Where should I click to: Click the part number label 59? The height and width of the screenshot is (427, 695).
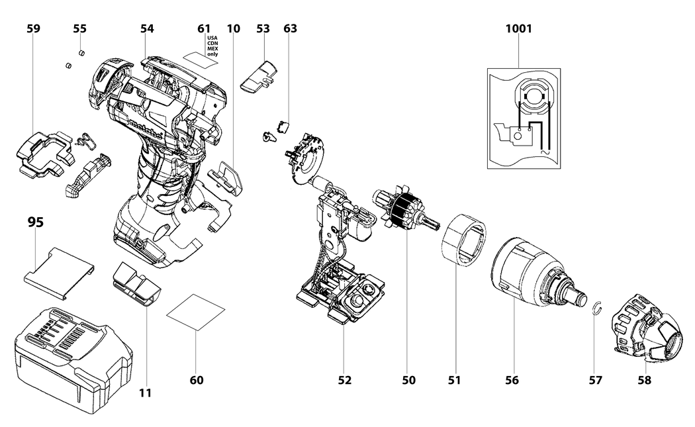point(34,29)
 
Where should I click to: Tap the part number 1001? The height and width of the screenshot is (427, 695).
point(518,29)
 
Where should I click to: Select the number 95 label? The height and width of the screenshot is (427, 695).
point(36,222)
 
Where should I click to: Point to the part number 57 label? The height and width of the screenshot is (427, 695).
point(596,380)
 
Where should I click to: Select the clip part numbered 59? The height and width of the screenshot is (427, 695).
point(46,154)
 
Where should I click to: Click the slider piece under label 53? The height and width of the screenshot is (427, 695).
point(260,77)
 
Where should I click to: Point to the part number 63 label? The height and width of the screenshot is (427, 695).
point(290,29)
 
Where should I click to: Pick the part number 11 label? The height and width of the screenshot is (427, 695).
point(146,393)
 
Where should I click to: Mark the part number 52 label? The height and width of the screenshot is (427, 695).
point(344,380)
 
